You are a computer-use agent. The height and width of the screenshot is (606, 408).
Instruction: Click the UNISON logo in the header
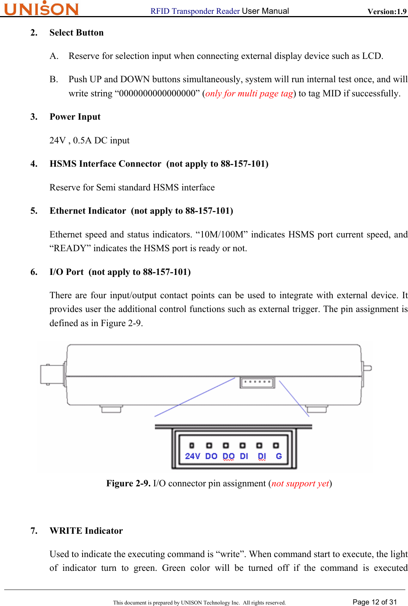(41, 8)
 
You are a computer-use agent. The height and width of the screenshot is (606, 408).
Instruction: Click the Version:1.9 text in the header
(387, 11)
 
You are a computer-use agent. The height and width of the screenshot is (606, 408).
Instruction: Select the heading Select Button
(76, 33)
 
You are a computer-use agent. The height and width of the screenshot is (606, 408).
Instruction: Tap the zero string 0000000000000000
(157, 94)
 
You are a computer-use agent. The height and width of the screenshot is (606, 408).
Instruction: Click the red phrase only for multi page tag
(249, 94)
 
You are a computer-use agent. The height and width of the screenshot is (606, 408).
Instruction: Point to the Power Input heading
(75, 117)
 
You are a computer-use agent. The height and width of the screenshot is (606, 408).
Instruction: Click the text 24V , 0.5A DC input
(89, 141)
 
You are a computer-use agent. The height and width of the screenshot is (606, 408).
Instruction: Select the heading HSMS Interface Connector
(105, 164)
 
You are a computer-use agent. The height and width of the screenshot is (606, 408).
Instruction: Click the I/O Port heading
(66, 272)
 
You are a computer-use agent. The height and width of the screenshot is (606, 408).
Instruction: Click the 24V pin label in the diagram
(192, 456)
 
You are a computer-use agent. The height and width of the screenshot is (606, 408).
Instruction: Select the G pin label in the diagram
(279, 456)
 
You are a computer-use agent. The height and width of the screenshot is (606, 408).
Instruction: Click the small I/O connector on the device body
(257, 382)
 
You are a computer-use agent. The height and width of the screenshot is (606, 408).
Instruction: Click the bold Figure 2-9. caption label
(128, 484)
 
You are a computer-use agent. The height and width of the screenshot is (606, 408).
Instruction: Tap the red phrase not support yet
(300, 484)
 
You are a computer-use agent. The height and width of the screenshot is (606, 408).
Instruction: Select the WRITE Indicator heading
(86, 531)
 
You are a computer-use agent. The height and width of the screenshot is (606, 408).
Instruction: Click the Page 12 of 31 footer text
(374, 602)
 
